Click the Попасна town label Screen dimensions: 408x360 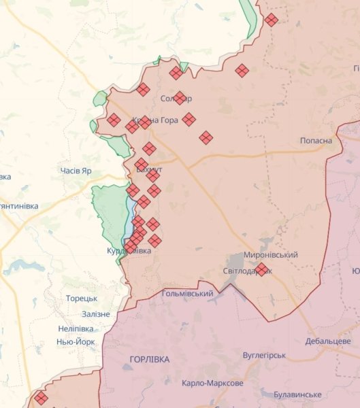(316, 141)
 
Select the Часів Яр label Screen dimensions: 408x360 (76, 171)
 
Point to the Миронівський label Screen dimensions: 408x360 (270, 254)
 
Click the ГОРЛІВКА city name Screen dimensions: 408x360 (149, 359)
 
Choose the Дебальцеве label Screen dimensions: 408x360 (327, 341)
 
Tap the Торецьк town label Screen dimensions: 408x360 (82, 299)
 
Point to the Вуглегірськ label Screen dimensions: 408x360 (264, 356)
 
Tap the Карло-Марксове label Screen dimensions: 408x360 (212, 384)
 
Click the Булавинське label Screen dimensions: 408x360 (297, 394)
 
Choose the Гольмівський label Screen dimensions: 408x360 (187, 294)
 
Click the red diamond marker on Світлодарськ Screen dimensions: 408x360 (261, 270)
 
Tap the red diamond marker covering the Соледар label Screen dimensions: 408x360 (180, 98)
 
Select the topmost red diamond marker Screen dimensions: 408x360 (271, 20)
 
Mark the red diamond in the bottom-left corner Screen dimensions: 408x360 (41, 398)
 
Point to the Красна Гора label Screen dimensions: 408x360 (156, 120)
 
